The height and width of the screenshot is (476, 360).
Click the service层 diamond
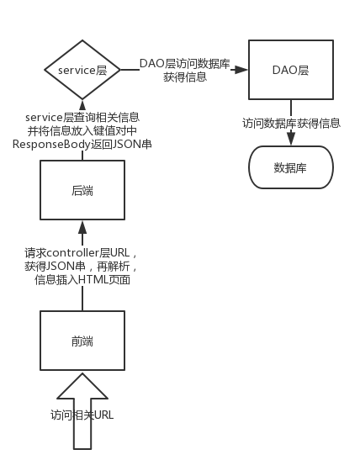(82, 71)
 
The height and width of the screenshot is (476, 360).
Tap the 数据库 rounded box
(291, 167)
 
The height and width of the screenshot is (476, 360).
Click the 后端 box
(82, 191)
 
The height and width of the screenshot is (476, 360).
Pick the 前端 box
(82, 341)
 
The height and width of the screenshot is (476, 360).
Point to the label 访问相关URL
(82, 415)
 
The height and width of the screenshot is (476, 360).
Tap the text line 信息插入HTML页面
(82, 279)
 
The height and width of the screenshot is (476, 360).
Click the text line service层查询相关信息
(82, 117)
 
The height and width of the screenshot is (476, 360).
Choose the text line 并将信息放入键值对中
(82, 130)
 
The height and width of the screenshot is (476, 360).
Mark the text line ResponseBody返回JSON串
(82, 144)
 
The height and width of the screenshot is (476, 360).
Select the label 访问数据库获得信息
(291, 123)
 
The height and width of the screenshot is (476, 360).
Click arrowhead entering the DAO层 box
(244, 71)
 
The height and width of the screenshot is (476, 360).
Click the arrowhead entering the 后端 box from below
(82, 225)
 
